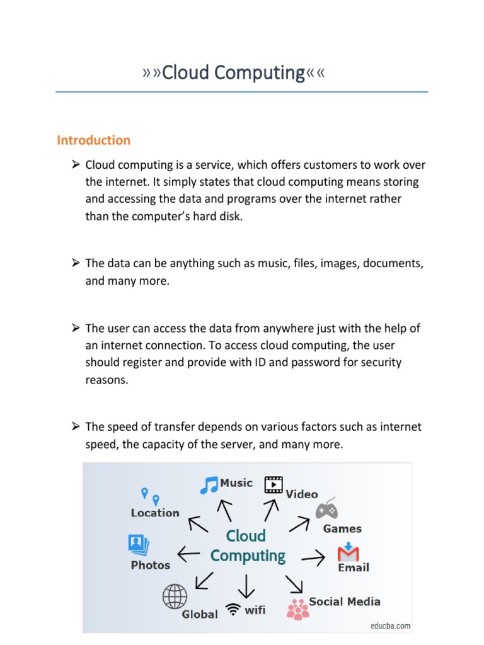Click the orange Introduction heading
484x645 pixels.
point(94,140)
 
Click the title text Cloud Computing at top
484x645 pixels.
point(234,73)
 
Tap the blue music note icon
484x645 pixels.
point(209,484)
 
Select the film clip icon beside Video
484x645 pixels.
point(274,484)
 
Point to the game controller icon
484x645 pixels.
point(326,508)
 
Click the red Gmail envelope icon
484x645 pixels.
point(348,552)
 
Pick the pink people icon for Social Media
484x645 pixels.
point(297,608)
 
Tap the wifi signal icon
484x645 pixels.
point(234,610)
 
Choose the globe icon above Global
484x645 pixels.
point(175,595)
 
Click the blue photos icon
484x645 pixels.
point(138,544)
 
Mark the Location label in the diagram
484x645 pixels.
point(155,513)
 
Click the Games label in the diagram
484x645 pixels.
point(342,528)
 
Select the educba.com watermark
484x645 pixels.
point(390,625)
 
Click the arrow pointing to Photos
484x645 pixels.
point(189,554)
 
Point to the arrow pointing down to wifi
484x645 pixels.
point(246,586)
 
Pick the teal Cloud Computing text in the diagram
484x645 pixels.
point(247,545)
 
